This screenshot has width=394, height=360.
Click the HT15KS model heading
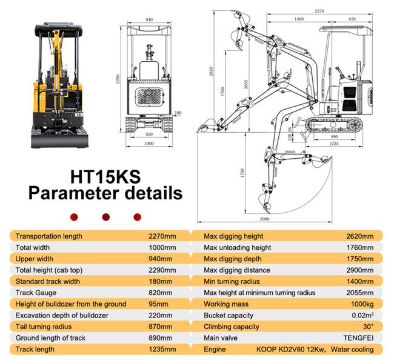(x=105, y=176)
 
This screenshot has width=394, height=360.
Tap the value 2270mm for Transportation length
(x=162, y=236)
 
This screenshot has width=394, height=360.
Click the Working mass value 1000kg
(x=362, y=304)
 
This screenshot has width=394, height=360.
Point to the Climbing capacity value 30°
(x=368, y=326)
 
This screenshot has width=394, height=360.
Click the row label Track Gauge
(x=36, y=293)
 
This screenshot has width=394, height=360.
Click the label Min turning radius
(x=232, y=281)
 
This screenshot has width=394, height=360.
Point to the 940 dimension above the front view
(x=149, y=19)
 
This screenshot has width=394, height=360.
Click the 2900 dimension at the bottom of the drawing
(x=263, y=218)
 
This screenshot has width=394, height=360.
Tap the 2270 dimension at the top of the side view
(x=319, y=10)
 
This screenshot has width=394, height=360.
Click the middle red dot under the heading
(x=105, y=216)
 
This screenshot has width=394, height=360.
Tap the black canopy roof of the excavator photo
(x=61, y=28)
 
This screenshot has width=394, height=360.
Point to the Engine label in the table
(x=215, y=349)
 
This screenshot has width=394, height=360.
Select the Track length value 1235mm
(x=162, y=349)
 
